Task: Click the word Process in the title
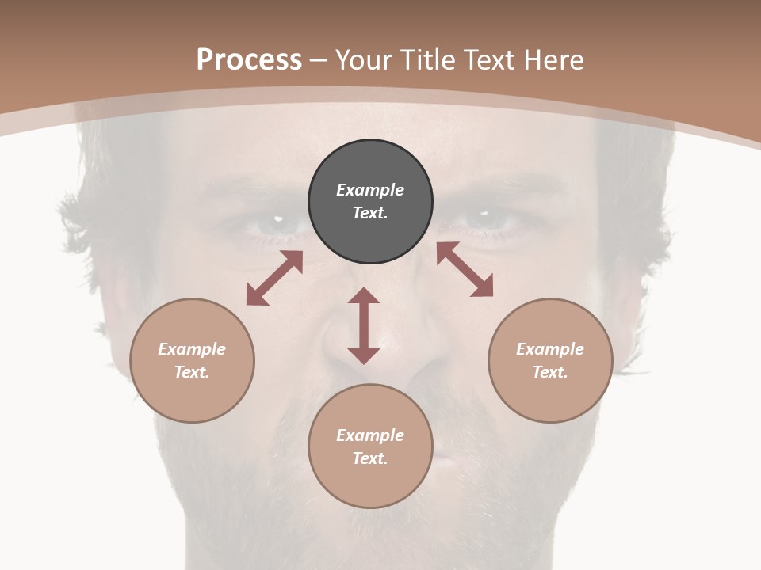tap(249, 60)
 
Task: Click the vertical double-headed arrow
tap(364, 325)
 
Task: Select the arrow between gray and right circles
tap(465, 269)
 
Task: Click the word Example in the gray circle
tap(370, 190)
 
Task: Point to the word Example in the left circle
tap(192, 349)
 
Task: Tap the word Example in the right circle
tap(550, 349)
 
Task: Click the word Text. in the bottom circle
tap(370, 458)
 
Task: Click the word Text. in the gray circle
tap(370, 213)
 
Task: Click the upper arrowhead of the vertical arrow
tap(364, 296)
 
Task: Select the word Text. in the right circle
tap(550, 372)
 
